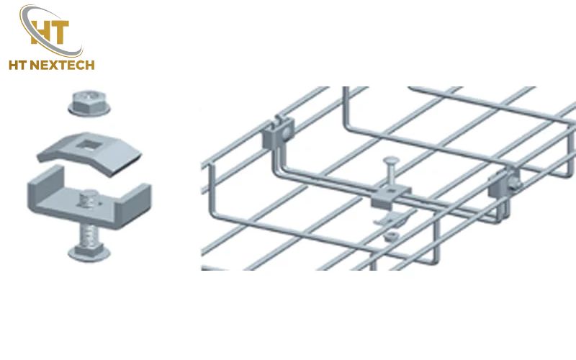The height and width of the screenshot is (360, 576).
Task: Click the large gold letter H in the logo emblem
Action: [x=40, y=32]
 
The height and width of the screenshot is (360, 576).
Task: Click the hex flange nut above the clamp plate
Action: [x=89, y=103]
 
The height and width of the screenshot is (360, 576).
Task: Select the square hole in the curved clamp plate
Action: [x=88, y=145]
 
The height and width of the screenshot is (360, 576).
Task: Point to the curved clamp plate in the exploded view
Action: [x=89, y=153]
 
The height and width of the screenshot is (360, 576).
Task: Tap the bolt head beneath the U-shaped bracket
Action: [x=89, y=253]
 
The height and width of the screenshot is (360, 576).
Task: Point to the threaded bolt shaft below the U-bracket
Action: [x=88, y=235]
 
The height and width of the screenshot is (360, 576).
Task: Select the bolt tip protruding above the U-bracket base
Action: [x=89, y=199]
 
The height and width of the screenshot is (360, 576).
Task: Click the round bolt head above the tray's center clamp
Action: [x=390, y=161]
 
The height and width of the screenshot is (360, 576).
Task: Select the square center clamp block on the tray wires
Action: [x=391, y=197]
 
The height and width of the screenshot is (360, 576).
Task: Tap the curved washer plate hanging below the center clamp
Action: [x=390, y=219]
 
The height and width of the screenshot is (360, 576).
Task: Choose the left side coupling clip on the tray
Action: [x=278, y=133]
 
